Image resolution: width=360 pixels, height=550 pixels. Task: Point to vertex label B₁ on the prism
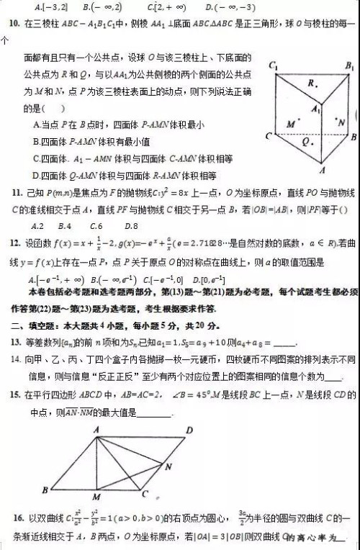[x=348, y=67]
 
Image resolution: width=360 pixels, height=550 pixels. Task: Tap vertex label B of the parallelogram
[x=45, y=490]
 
